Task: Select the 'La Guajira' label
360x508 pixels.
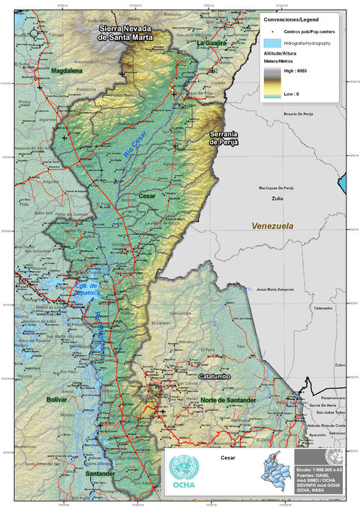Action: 211,44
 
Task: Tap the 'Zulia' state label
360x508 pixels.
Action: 278,199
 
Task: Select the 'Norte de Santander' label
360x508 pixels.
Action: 229,402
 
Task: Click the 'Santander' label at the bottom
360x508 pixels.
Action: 100,474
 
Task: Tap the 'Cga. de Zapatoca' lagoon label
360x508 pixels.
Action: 88,288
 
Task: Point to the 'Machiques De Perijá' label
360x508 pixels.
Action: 279,187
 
